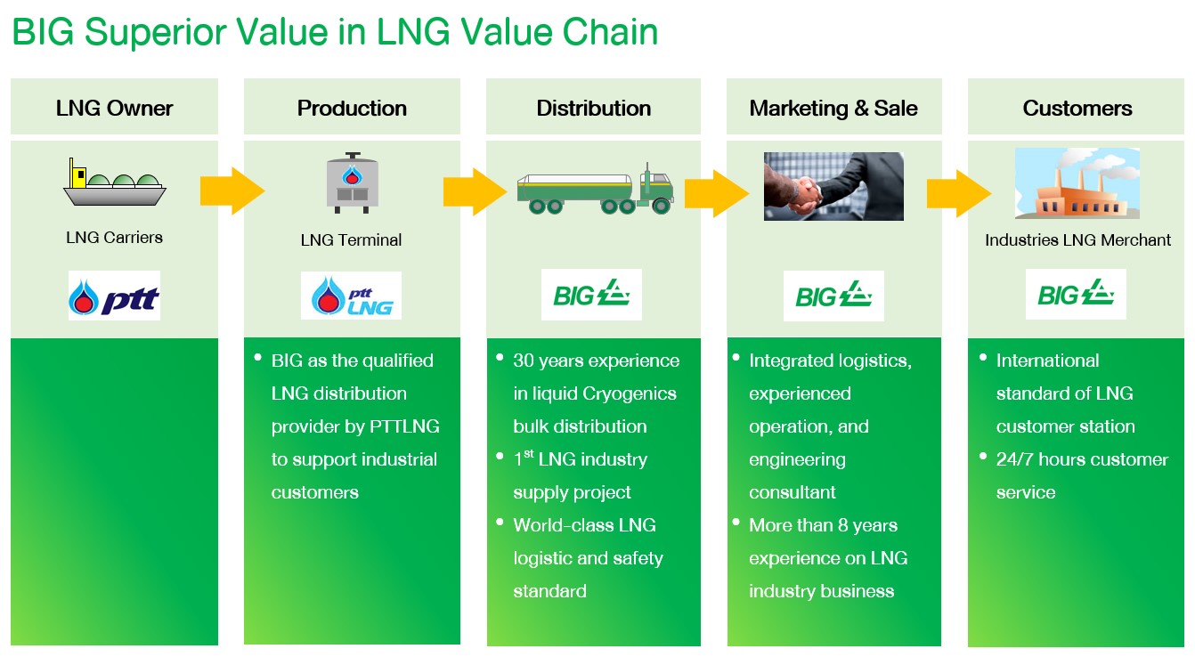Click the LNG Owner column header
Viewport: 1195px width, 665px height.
pos(114,109)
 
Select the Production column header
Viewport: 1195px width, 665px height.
pos(352,109)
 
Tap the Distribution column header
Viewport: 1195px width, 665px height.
pos(593,109)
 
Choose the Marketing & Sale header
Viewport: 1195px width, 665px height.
pos(833,109)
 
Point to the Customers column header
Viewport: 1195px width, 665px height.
pos(1077,109)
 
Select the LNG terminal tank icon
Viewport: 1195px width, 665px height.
pos(351,183)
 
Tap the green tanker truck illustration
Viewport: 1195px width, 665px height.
pos(595,190)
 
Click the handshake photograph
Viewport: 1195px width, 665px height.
pos(833,186)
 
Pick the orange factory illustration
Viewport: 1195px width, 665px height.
pos(1077,183)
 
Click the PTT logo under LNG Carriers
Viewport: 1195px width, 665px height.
pos(114,296)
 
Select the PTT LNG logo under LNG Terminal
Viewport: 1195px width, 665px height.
pos(351,296)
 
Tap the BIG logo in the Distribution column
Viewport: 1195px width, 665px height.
pos(591,295)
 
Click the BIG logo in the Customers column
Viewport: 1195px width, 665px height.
pos(1076,294)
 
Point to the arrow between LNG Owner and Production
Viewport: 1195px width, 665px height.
pos(232,190)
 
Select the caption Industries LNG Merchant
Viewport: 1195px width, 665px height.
pos(1077,240)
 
